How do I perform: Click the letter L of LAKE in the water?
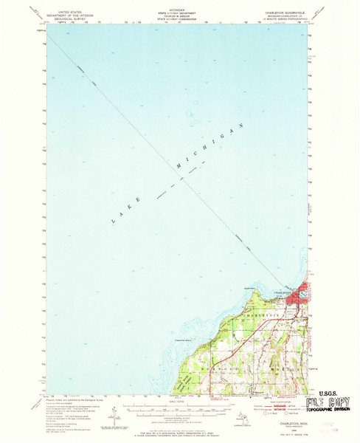(111, 221)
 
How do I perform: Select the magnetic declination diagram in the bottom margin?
(112, 409)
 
